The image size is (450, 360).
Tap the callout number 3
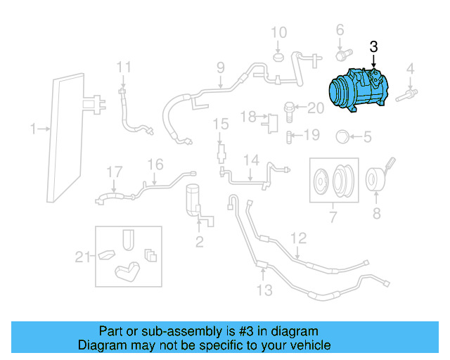[373, 47]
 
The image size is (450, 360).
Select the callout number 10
[279, 32]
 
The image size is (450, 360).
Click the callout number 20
[315, 108]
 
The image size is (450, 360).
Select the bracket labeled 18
[267, 120]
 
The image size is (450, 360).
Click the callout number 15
[221, 124]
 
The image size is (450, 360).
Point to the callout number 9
[220, 68]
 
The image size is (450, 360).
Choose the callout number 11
[124, 67]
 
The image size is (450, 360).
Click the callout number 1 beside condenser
[32, 129]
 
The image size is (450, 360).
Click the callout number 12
[299, 238]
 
